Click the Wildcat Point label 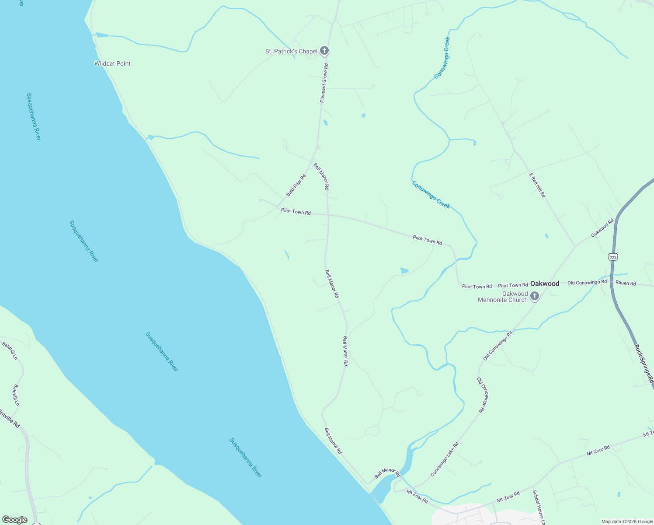[112, 63]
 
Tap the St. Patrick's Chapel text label [291, 51]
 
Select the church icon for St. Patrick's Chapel [324, 51]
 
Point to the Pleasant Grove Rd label [324, 83]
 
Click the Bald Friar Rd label [296, 185]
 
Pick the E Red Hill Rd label [537, 185]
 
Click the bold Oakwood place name [545, 283]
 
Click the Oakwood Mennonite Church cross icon [534, 297]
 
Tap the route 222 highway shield [613, 257]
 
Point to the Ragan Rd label [626, 283]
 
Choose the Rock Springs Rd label [644, 363]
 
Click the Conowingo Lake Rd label [445, 459]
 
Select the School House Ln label [539, 507]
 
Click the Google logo [14, 520]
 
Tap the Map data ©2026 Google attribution [627, 521]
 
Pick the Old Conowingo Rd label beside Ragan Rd [587, 282]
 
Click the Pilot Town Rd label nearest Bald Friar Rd [296, 212]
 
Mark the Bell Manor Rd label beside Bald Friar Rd [321, 176]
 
